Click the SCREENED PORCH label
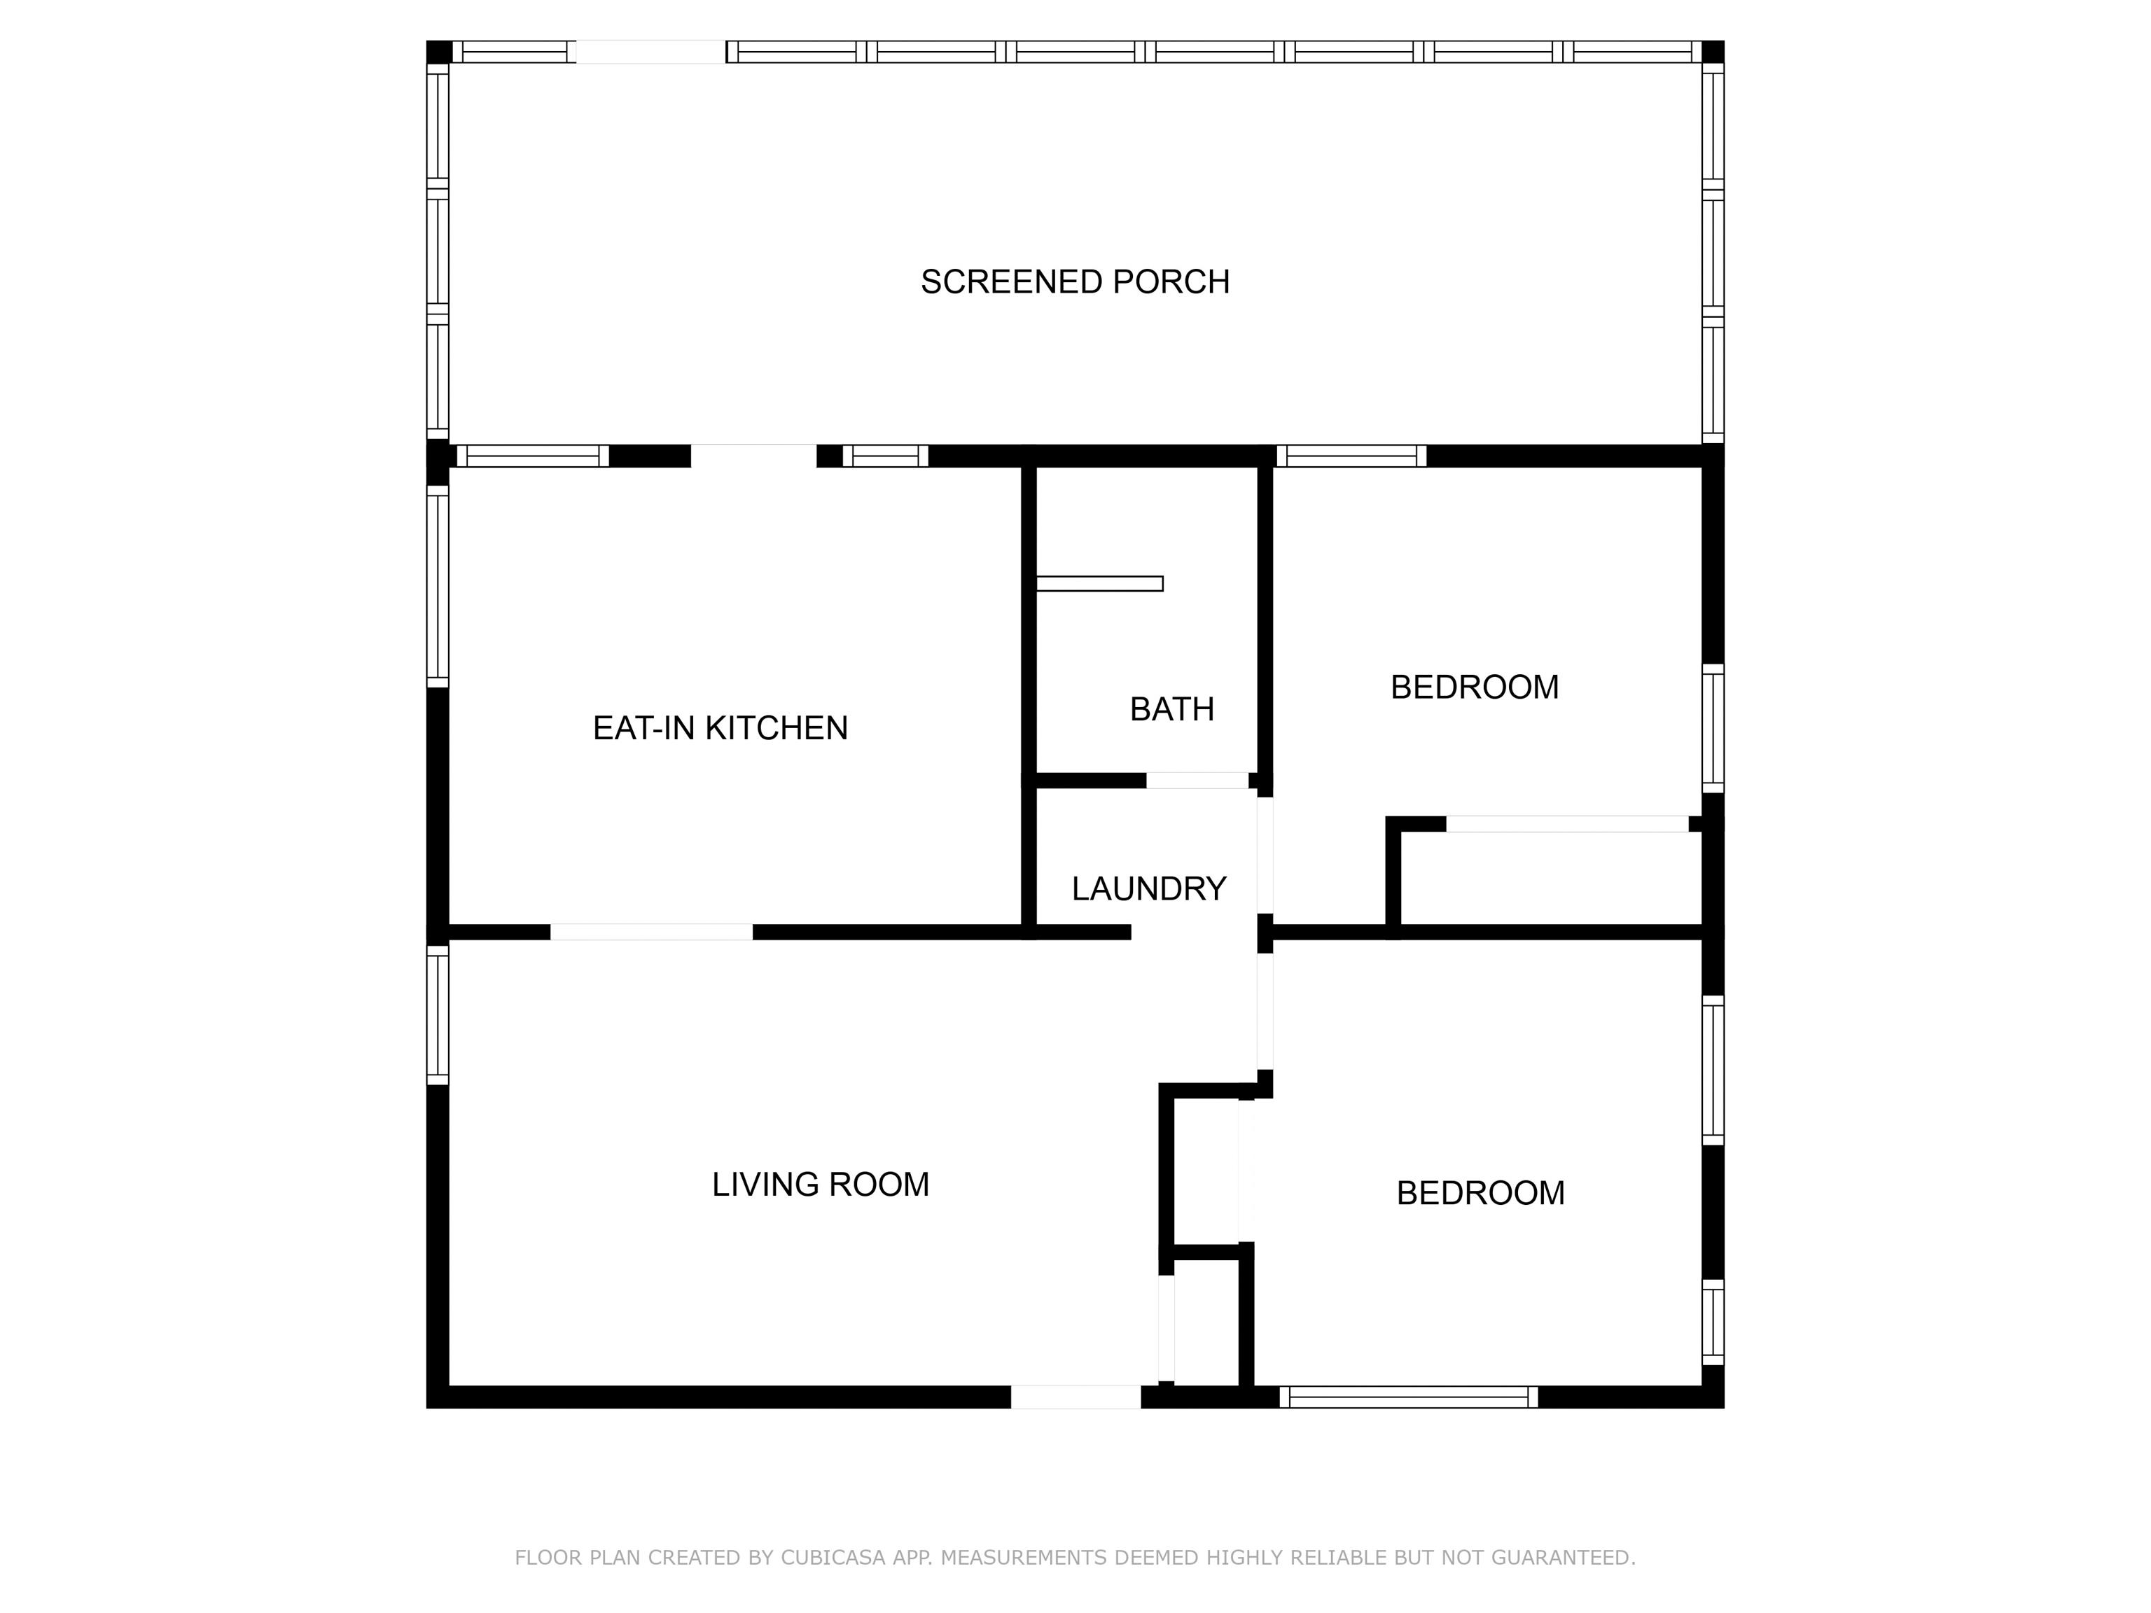(x=1075, y=282)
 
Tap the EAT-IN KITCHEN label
(x=720, y=728)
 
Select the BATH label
(x=1171, y=710)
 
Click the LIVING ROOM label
(x=820, y=1185)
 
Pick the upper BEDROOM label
(x=1474, y=687)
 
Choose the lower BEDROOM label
(x=1480, y=1193)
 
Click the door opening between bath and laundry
(x=1197, y=780)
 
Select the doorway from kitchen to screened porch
(x=753, y=456)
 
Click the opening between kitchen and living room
(x=651, y=931)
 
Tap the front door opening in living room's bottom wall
(x=1075, y=1397)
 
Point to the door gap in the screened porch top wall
(x=650, y=52)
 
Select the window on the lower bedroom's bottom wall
(x=1408, y=1397)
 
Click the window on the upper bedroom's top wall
(x=1351, y=456)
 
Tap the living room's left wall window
(x=438, y=1015)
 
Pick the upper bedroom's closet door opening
(x=1568, y=823)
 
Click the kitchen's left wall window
(x=438, y=586)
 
